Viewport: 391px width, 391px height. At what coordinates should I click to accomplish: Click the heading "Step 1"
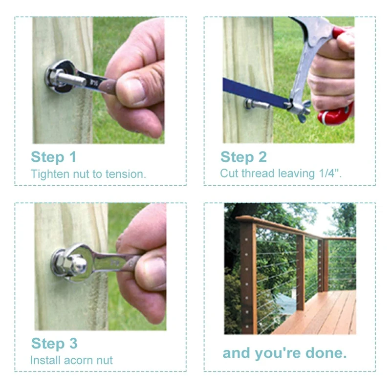54,157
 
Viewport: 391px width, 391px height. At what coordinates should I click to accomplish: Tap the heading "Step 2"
243,157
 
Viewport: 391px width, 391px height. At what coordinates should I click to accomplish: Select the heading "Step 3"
54,344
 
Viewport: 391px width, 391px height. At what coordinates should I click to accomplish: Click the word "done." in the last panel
326,353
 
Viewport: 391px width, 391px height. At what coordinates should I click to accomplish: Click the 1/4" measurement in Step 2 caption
330,174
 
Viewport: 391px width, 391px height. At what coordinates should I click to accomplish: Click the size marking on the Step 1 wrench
93,82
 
